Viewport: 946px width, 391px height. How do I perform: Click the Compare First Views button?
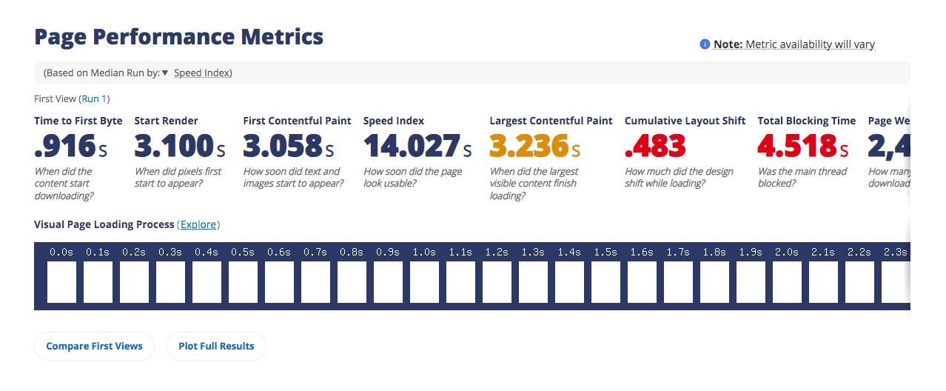pyautogui.click(x=94, y=346)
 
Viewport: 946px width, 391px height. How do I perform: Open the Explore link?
pyautogui.click(x=199, y=224)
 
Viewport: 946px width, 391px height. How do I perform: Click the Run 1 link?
pyautogui.click(x=94, y=98)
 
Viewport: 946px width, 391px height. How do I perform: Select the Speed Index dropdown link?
pyautogui.click(x=201, y=73)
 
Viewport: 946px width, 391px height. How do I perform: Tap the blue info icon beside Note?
pyautogui.click(x=705, y=44)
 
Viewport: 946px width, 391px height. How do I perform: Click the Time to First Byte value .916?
pyautogui.click(x=65, y=147)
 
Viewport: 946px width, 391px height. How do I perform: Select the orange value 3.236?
pyautogui.click(x=529, y=147)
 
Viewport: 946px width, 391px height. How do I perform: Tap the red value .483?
pyautogui.click(x=655, y=147)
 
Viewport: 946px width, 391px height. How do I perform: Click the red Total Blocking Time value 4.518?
pyautogui.click(x=796, y=147)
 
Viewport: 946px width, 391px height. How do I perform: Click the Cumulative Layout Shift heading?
pyautogui.click(x=685, y=121)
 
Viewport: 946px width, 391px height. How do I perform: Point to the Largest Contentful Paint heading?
pyautogui.click(x=551, y=121)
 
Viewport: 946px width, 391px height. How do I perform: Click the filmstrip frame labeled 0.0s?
pyautogui.click(x=61, y=282)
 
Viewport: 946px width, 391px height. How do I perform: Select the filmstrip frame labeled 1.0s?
pyautogui.click(x=424, y=282)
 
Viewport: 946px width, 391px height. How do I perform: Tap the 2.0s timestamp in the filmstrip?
pyautogui.click(x=786, y=253)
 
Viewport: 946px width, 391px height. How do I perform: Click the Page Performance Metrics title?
pyautogui.click(x=179, y=36)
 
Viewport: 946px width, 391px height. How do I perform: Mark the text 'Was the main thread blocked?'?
pyautogui.click(x=791, y=178)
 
